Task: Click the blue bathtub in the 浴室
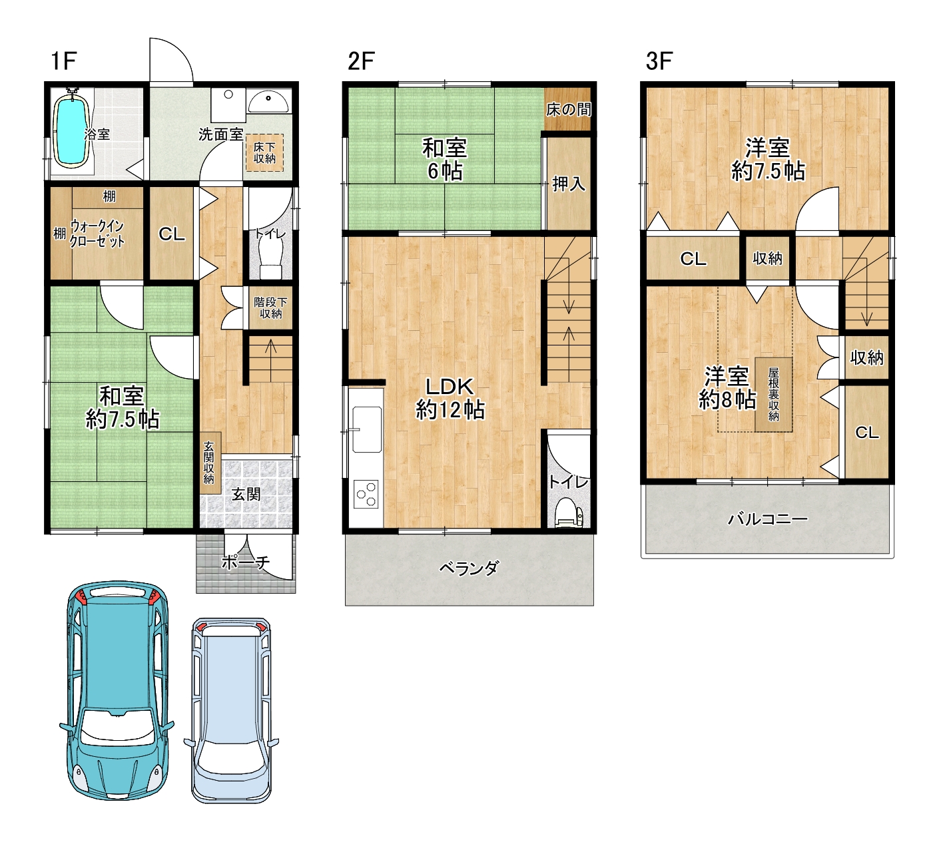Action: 72,126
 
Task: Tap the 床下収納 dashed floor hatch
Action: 264,152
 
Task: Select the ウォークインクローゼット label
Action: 97,234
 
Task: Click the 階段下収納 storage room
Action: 270,308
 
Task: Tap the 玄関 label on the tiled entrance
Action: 246,495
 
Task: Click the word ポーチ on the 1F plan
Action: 246,563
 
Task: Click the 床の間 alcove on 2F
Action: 568,109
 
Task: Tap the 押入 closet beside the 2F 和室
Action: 569,184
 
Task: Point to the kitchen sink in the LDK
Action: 366,429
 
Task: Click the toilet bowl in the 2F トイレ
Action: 569,513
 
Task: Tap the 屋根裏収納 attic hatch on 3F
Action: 773,394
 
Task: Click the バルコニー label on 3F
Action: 767,519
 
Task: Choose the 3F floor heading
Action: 659,61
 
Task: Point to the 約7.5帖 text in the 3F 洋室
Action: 768,172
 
